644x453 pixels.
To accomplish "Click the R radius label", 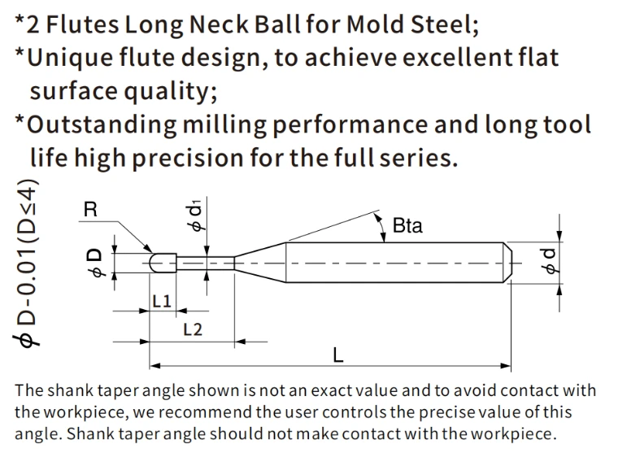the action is (x=90, y=210).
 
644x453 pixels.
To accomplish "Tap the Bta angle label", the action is (x=407, y=226).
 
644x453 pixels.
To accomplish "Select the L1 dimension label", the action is (x=162, y=302).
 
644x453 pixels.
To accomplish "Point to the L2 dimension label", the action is (x=193, y=329).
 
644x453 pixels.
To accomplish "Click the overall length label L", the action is (x=338, y=355).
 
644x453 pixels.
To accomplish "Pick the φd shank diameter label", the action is (x=549, y=261).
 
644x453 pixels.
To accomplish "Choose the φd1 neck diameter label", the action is (x=196, y=216).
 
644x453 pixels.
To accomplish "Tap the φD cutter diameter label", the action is (x=94, y=262).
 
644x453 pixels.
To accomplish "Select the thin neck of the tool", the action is (x=206, y=264).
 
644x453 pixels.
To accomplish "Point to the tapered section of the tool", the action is (x=260, y=263).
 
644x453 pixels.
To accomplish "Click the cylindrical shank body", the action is (x=394, y=263).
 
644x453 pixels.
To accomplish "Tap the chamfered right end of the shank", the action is (x=507, y=263).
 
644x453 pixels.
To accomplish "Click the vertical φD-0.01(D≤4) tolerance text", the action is (x=26, y=263).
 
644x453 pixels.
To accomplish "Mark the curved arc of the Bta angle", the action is (x=382, y=227).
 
